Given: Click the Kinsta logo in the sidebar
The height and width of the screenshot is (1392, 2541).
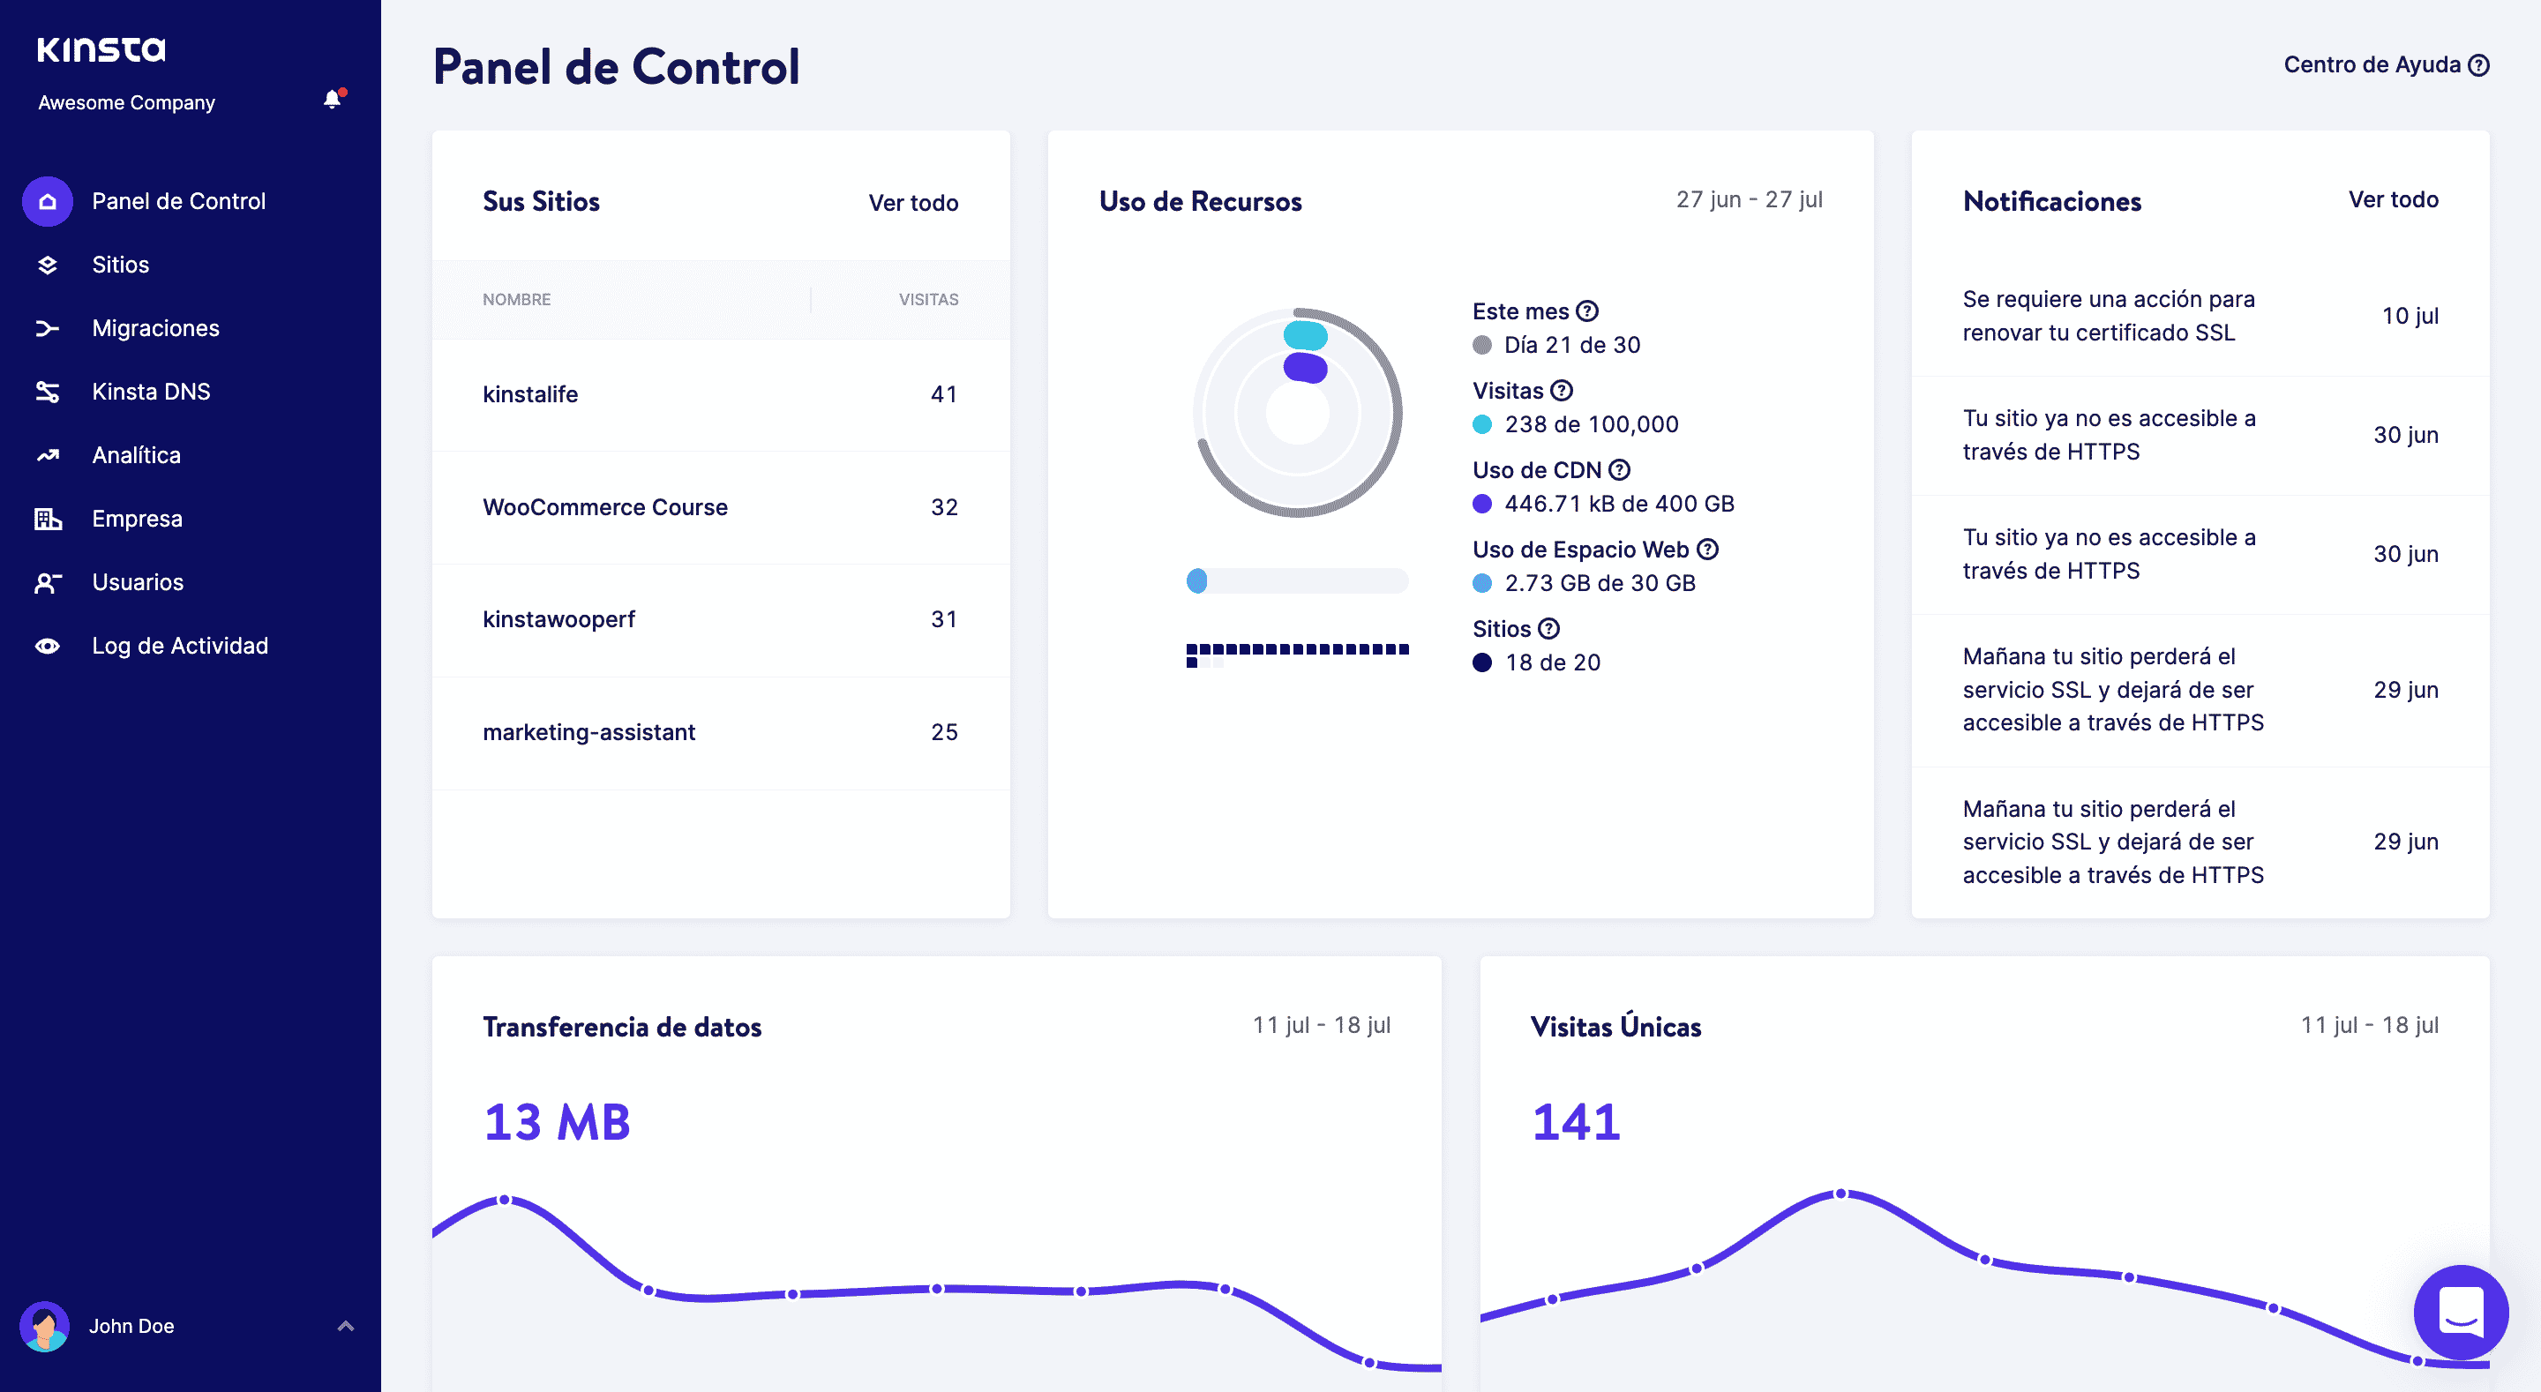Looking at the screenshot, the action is [x=101, y=49].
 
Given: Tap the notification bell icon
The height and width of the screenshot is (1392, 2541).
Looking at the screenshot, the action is [x=334, y=99].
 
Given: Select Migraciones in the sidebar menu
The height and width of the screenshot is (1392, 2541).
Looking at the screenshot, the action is [x=155, y=328].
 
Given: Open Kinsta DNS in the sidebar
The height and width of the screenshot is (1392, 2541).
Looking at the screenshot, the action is [x=151, y=392].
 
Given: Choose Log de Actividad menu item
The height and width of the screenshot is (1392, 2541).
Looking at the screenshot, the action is [x=179, y=647].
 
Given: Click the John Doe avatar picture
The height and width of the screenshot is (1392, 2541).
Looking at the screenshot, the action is [x=44, y=1326].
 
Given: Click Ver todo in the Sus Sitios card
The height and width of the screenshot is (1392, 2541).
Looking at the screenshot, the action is [x=913, y=203].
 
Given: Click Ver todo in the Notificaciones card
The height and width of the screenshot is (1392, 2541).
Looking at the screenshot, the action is [x=2393, y=199].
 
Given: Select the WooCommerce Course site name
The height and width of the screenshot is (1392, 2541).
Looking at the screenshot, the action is [x=604, y=507].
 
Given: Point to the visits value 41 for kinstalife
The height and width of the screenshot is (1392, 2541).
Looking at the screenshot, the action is [x=944, y=394].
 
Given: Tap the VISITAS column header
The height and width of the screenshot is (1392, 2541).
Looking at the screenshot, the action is [x=928, y=300].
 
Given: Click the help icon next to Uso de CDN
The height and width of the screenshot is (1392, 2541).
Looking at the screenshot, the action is [x=1620, y=469].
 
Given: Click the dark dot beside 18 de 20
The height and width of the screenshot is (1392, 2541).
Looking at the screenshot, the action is [x=1481, y=663].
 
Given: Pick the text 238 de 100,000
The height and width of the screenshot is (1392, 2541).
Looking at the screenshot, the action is [x=1591, y=424].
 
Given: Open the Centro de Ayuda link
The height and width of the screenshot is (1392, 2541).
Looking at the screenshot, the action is [x=2386, y=65].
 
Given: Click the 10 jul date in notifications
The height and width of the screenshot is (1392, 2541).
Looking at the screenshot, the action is [x=2410, y=316].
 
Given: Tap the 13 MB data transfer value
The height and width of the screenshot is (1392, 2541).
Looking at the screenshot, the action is [x=557, y=1122].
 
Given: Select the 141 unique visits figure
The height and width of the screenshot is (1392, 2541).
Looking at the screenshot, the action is [x=1575, y=1122].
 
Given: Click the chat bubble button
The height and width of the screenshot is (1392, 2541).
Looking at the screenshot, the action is [x=2460, y=1312].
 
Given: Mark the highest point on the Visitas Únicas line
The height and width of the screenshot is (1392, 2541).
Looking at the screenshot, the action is [x=1840, y=1194].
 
